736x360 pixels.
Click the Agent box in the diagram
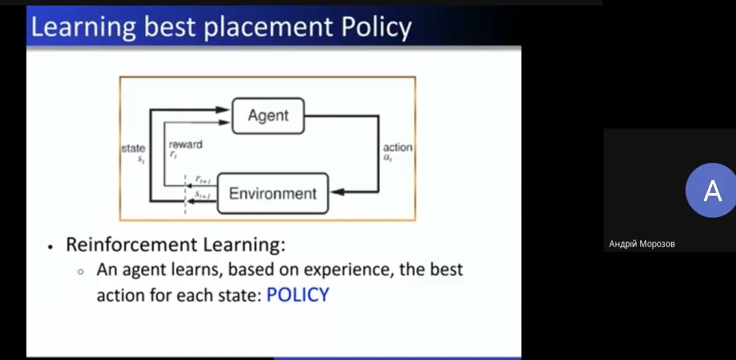[x=268, y=116]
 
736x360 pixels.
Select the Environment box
[x=272, y=194]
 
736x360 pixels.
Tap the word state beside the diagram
[x=134, y=149]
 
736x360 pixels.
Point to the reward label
[x=186, y=144]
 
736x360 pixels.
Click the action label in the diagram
[x=398, y=147]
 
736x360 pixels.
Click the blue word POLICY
[x=298, y=295]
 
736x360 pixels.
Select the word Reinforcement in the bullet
[x=131, y=244]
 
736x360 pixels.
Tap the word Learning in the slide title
[x=83, y=27]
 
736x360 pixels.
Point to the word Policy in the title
[x=376, y=28]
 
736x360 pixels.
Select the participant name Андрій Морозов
[x=642, y=244]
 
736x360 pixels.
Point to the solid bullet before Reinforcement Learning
[x=50, y=247]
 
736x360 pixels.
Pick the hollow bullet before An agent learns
[x=81, y=272]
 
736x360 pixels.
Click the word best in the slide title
[x=169, y=27]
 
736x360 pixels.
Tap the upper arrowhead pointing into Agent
[x=222, y=110]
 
